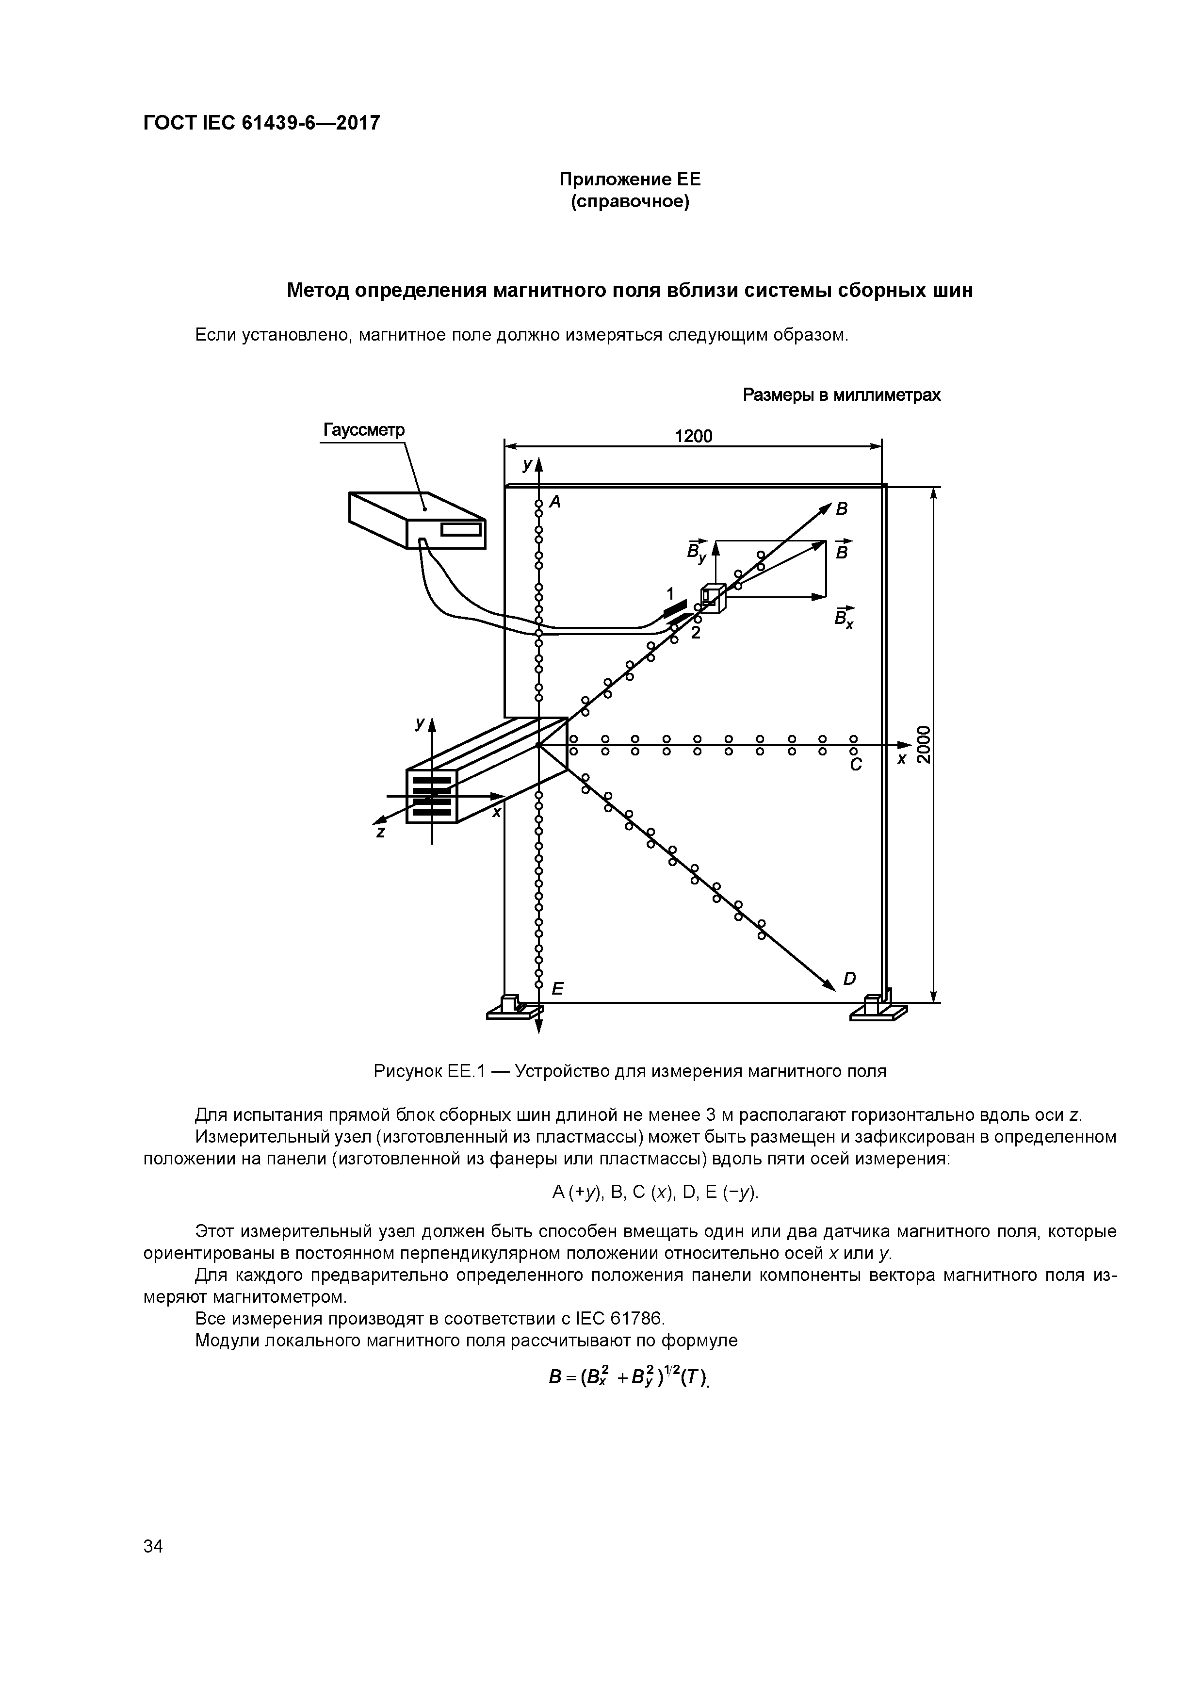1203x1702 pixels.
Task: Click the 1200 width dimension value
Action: pos(693,436)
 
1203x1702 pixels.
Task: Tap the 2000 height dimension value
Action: pos(923,743)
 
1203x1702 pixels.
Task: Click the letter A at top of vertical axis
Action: pos(554,502)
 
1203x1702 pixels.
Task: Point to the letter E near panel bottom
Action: pos(557,989)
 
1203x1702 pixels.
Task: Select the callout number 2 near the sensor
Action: pos(695,632)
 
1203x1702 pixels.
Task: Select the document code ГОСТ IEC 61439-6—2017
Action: pos(261,122)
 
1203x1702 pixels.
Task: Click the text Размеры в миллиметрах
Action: pos(841,395)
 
